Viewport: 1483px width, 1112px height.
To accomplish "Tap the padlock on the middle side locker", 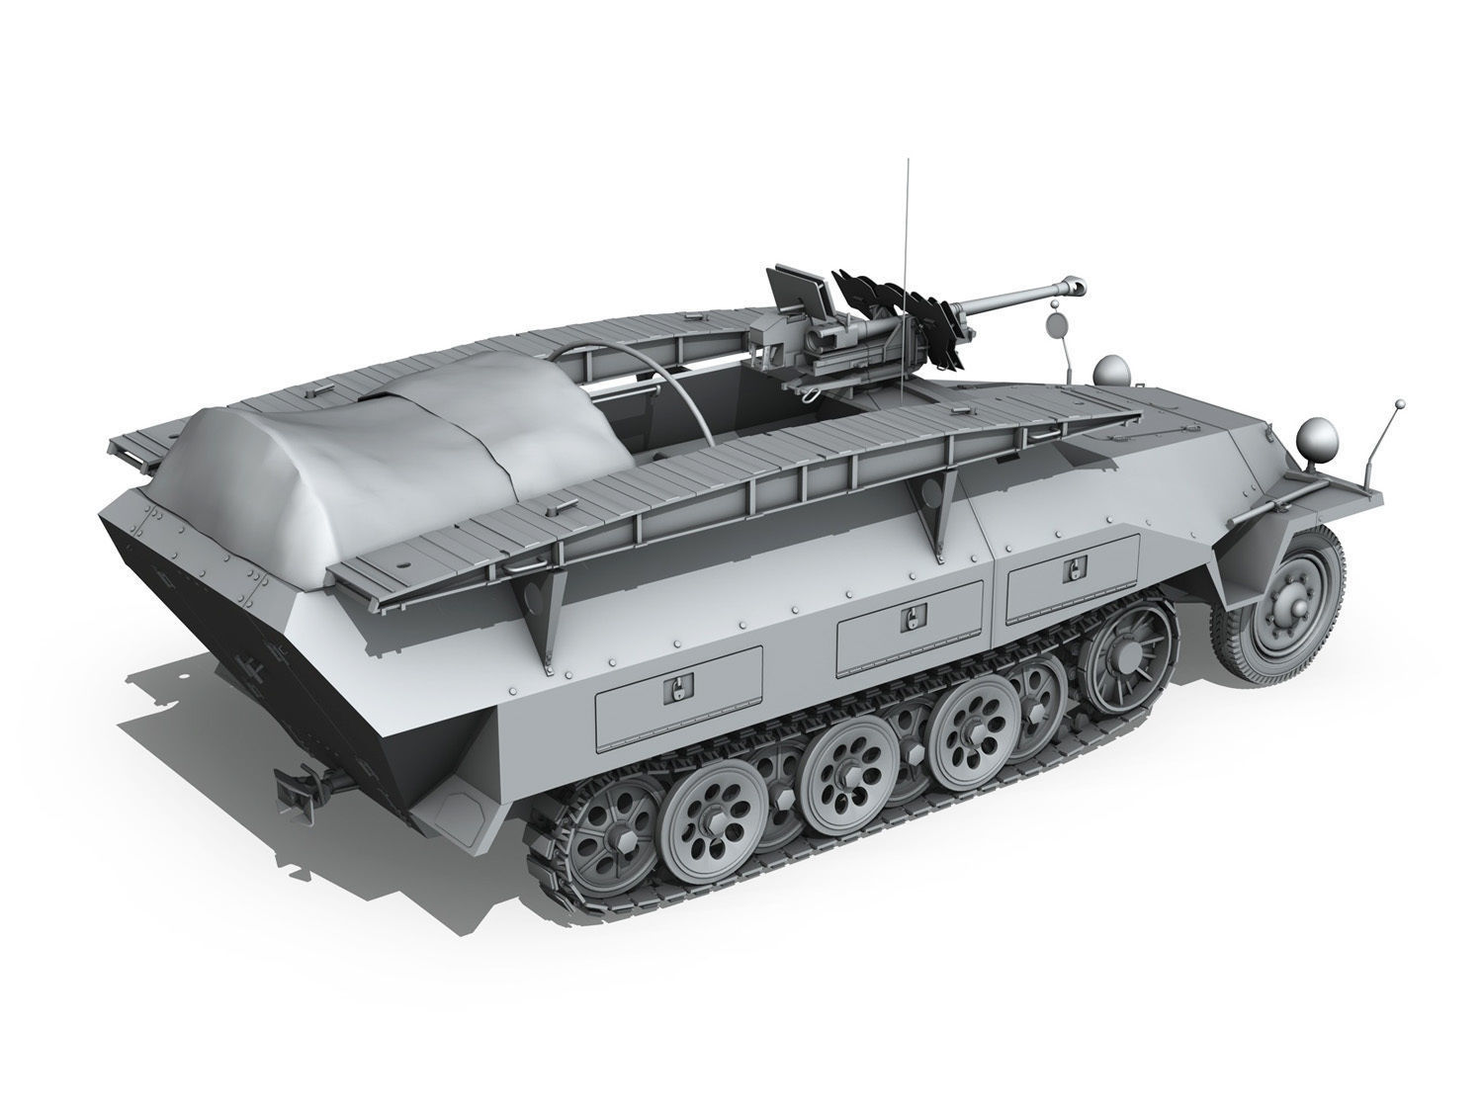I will click(910, 621).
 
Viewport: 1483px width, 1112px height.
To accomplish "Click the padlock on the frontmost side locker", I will click(1074, 571).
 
